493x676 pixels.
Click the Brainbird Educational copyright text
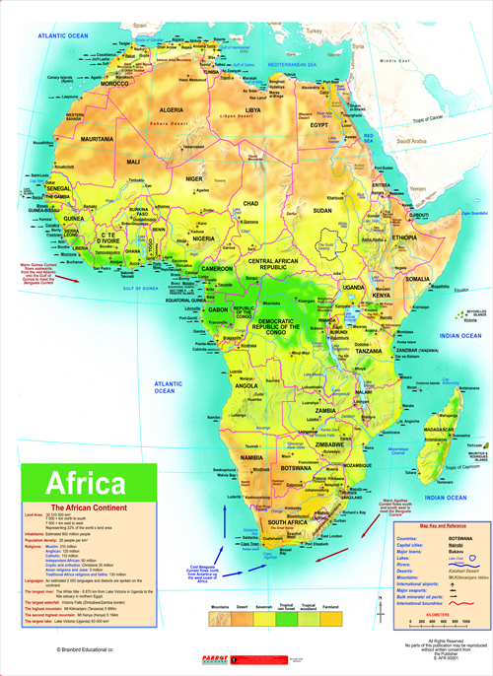pos(90,651)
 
